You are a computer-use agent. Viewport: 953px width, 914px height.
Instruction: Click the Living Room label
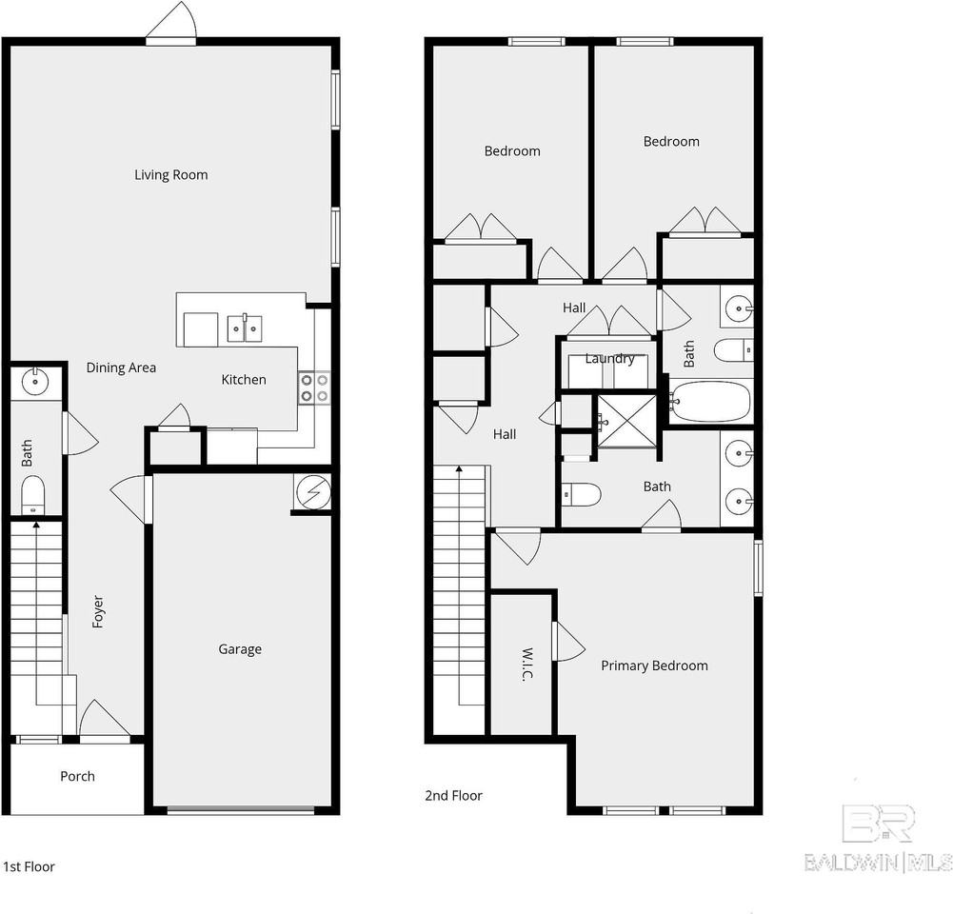(x=170, y=175)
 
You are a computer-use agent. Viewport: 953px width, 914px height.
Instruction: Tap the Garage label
(x=240, y=649)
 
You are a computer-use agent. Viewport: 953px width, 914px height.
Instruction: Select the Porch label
(x=77, y=776)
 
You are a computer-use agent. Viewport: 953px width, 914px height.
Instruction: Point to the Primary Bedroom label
(x=654, y=666)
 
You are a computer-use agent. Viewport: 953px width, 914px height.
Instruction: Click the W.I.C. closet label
(x=526, y=665)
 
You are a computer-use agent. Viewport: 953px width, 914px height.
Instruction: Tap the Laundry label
(x=609, y=359)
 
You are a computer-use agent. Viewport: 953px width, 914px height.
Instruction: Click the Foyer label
(x=98, y=611)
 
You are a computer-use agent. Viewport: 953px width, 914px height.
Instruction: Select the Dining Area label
(x=121, y=368)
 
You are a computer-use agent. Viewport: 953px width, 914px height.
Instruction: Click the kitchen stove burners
(x=314, y=388)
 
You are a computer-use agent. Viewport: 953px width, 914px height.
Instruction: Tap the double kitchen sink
(x=245, y=328)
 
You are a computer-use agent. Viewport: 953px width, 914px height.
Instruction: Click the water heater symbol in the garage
(x=312, y=491)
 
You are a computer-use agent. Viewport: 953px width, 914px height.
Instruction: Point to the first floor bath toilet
(x=32, y=494)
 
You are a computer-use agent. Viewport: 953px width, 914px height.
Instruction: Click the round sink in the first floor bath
(x=34, y=382)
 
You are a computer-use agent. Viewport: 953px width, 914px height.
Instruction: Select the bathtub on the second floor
(x=710, y=401)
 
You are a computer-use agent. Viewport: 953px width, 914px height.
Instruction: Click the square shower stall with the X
(x=627, y=421)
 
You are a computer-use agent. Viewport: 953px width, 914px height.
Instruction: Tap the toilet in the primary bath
(x=581, y=495)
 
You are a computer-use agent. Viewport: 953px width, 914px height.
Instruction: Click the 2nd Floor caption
(x=453, y=796)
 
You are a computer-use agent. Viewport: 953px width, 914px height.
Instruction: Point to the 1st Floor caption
(x=29, y=866)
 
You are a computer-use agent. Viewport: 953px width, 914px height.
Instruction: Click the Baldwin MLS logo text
(x=878, y=863)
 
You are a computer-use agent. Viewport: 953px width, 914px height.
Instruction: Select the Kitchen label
(x=244, y=380)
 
